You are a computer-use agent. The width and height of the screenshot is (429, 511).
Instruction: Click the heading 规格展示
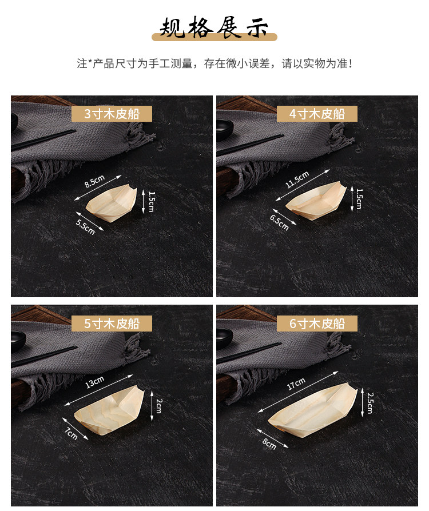click(214, 27)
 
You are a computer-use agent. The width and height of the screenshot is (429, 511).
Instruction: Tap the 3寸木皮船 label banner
click(112, 114)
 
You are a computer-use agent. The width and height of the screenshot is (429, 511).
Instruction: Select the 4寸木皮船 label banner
click(317, 114)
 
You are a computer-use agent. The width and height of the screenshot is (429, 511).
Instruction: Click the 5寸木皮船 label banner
click(112, 324)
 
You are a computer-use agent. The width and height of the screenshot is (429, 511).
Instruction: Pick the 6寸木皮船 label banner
click(317, 324)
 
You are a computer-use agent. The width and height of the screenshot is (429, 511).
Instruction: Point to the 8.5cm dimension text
click(94, 181)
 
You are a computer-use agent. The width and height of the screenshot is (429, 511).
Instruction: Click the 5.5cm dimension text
click(85, 227)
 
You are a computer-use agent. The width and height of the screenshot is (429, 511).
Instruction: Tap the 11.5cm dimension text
click(297, 179)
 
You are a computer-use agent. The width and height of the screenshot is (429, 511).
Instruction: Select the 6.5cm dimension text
click(279, 222)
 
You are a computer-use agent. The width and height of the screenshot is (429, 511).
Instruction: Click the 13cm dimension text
click(94, 382)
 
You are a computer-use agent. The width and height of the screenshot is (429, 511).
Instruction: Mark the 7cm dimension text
click(71, 434)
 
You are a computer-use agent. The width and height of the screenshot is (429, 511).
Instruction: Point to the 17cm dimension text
click(296, 384)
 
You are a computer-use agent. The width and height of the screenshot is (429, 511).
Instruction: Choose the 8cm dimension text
click(269, 444)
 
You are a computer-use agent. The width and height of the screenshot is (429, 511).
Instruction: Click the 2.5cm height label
click(370, 403)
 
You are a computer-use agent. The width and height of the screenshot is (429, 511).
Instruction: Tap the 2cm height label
click(158, 405)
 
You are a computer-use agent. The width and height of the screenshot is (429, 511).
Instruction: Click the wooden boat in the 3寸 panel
click(112, 203)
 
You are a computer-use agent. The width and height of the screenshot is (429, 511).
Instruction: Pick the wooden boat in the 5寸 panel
click(109, 410)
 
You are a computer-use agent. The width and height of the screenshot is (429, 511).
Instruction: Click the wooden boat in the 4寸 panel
click(316, 201)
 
